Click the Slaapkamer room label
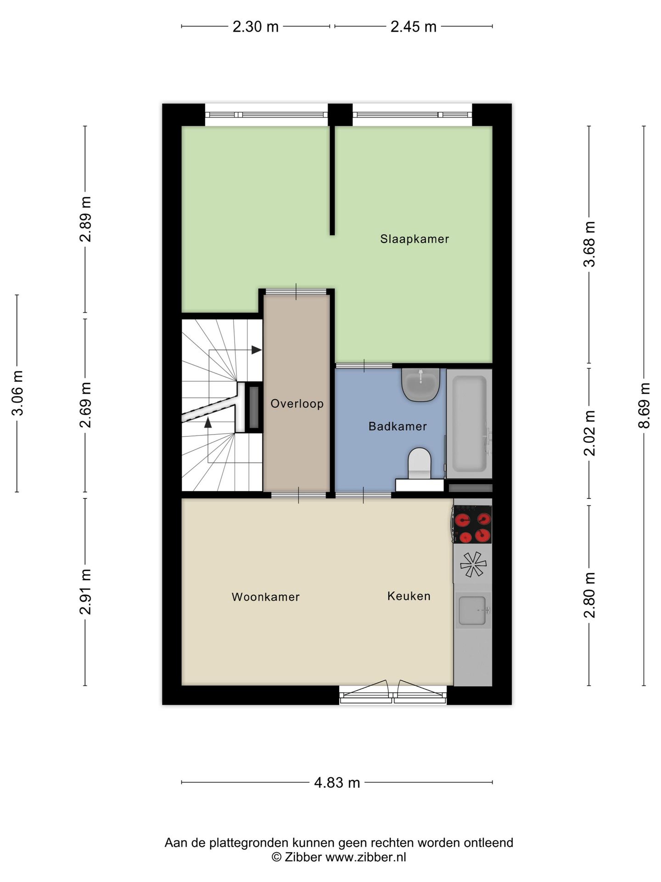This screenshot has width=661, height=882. (x=415, y=239)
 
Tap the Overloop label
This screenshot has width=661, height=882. (x=297, y=404)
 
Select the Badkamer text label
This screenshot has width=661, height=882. (x=398, y=426)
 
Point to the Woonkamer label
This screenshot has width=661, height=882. (x=265, y=597)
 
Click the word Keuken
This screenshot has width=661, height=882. (x=409, y=596)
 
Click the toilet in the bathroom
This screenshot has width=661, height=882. (x=420, y=464)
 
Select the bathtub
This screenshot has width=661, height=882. (x=469, y=424)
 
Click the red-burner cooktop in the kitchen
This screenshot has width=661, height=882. (x=472, y=524)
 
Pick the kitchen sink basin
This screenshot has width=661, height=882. (x=472, y=611)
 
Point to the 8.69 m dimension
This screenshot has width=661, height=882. (x=644, y=405)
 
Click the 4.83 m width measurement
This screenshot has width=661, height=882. (x=337, y=782)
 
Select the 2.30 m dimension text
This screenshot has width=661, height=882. (x=256, y=27)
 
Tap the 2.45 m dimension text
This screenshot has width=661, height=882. (x=413, y=27)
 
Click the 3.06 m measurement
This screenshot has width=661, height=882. (x=17, y=393)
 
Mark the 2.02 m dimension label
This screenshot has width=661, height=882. (x=589, y=433)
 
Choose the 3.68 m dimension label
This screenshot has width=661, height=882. (x=589, y=244)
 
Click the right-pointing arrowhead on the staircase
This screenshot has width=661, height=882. (x=256, y=350)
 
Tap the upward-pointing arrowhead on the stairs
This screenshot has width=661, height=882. (x=208, y=422)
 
